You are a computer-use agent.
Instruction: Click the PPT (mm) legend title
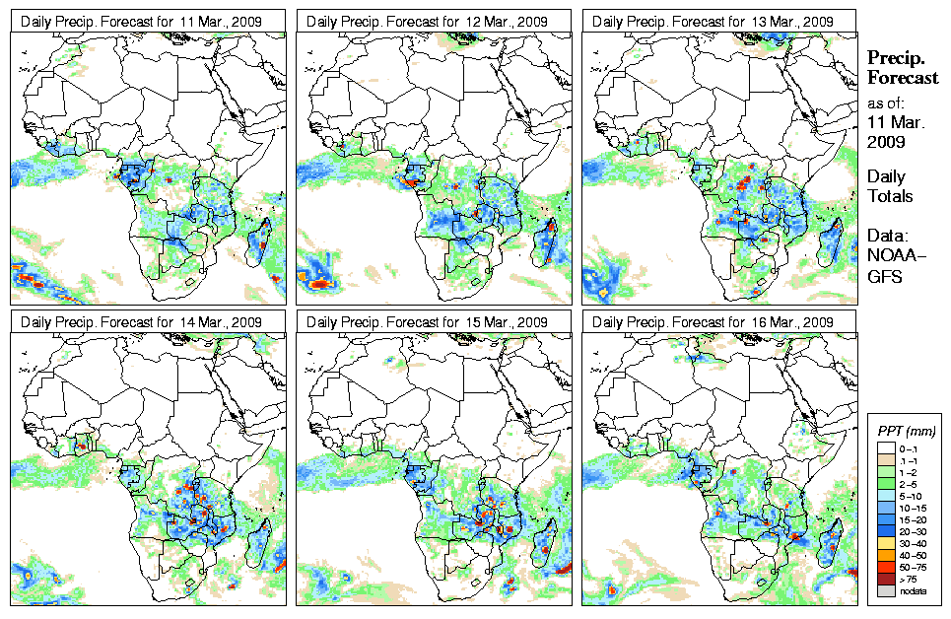907,431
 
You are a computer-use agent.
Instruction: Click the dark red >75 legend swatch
887,580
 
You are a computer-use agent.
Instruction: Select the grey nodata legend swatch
887,591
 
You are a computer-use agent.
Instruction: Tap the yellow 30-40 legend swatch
887,543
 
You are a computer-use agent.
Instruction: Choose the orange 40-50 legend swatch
887,555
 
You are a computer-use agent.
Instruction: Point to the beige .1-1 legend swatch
887,459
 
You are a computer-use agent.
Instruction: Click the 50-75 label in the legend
916,568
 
